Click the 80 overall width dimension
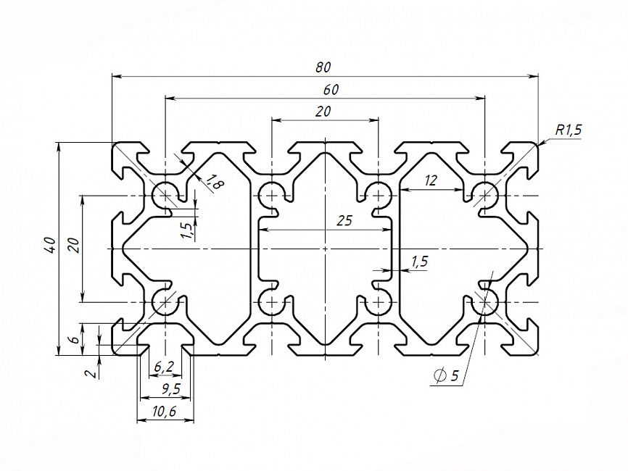[x=323, y=67]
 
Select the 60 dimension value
[x=331, y=90]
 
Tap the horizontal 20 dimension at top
[x=323, y=111]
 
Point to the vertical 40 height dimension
[x=49, y=245]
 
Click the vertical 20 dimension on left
[x=73, y=245]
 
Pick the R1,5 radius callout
[x=569, y=130]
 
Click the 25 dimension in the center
[x=344, y=221]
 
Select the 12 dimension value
[x=431, y=181]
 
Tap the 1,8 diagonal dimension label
[x=215, y=183]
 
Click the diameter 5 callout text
[x=445, y=375]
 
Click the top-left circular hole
[x=165, y=194]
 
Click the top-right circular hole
[x=484, y=194]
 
